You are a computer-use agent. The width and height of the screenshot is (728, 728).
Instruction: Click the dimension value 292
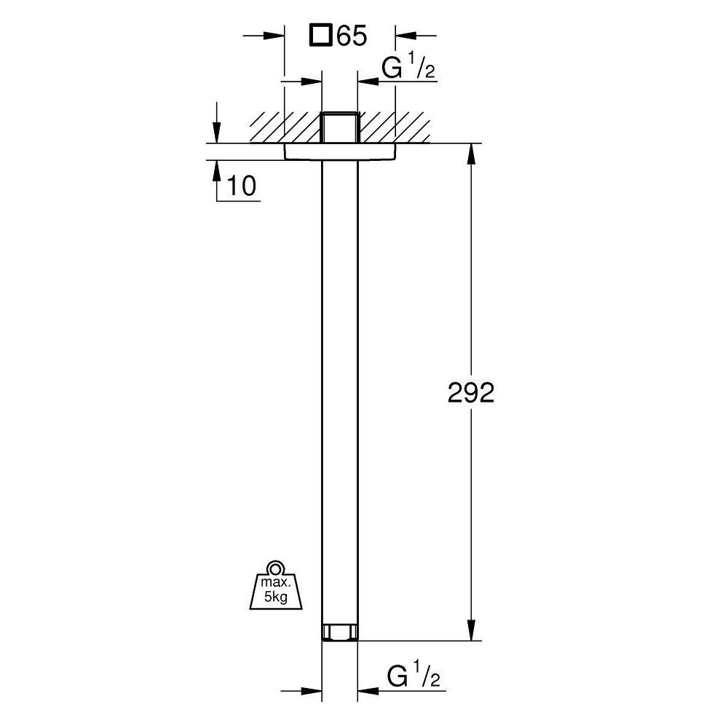470,393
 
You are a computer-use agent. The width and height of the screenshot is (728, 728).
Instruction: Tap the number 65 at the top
350,36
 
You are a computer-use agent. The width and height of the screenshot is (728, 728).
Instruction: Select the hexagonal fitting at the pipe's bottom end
339,632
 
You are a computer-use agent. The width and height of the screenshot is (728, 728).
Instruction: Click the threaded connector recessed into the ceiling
339,127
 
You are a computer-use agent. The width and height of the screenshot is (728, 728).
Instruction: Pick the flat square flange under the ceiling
339,151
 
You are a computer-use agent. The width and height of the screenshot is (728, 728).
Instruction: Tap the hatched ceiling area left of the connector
284,128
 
